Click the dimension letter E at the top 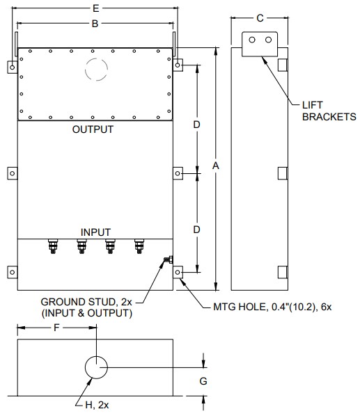click(96, 8)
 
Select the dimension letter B click(95, 24)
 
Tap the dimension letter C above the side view click(260, 18)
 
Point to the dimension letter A click(216, 166)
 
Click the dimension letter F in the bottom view click(56, 328)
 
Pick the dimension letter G click(203, 381)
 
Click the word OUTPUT click(93, 129)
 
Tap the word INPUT click(95, 232)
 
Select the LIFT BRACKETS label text click(329, 111)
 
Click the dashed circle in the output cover click(96, 58)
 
